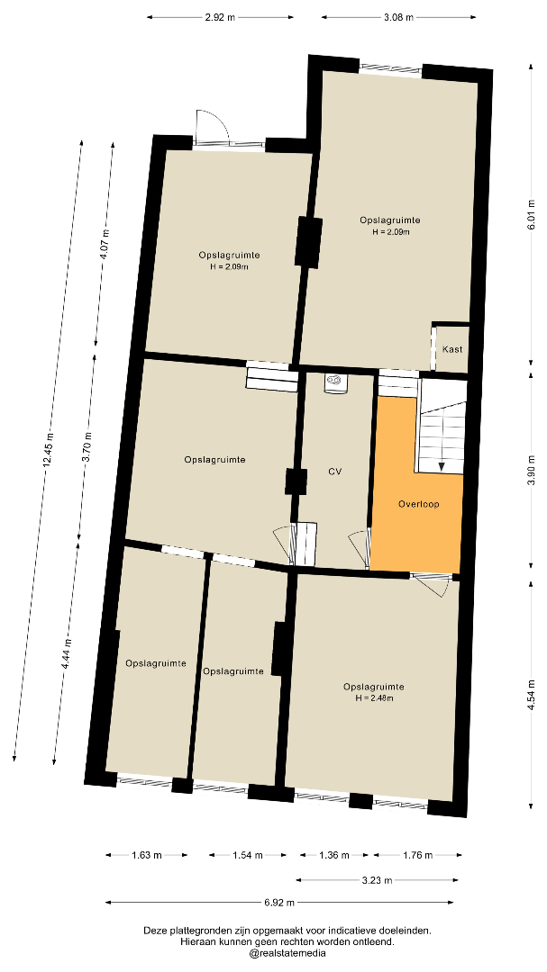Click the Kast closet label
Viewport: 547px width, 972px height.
pyautogui.click(x=452, y=349)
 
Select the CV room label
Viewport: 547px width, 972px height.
pyautogui.click(x=335, y=472)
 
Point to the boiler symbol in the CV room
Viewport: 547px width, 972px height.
pyautogui.click(x=334, y=383)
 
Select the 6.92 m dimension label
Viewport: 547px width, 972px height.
pyautogui.click(x=279, y=903)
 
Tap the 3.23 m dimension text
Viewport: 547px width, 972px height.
pyautogui.click(x=378, y=879)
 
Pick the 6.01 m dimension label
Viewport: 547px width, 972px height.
pyautogui.click(x=531, y=214)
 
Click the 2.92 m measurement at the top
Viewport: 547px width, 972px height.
pyautogui.click(x=220, y=17)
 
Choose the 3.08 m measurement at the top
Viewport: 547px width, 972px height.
pyautogui.click(x=398, y=17)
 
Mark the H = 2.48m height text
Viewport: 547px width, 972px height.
pyautogui.click(x=374, y=697)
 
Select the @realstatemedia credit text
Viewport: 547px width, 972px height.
pyautogui.click(x=287, y=953)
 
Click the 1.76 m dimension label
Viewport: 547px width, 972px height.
pyautogui.click(x=418, y=856)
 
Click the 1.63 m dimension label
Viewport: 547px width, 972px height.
pyautogui.click(x=147, y=856)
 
